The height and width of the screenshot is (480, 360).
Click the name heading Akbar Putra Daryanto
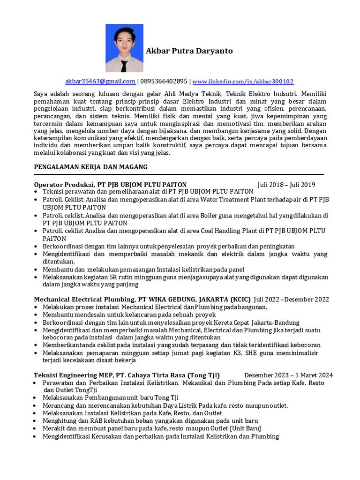pos(189,51)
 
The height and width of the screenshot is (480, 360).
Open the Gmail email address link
pos(100,81)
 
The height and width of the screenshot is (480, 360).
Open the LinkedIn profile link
pos(243,81)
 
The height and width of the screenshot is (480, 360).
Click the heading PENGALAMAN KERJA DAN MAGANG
pos(91,167)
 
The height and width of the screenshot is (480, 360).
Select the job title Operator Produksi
pos(64,185)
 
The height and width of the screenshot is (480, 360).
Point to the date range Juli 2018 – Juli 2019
pos(286,185)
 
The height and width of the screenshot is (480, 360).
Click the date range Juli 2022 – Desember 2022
pos(292,300)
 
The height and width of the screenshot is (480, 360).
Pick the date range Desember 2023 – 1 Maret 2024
pos(289,375)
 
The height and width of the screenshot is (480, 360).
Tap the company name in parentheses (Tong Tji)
pos(203,375)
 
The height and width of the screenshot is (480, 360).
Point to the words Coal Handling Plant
pos(230,230)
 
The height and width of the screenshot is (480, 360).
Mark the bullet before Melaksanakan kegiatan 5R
pos(37,277)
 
